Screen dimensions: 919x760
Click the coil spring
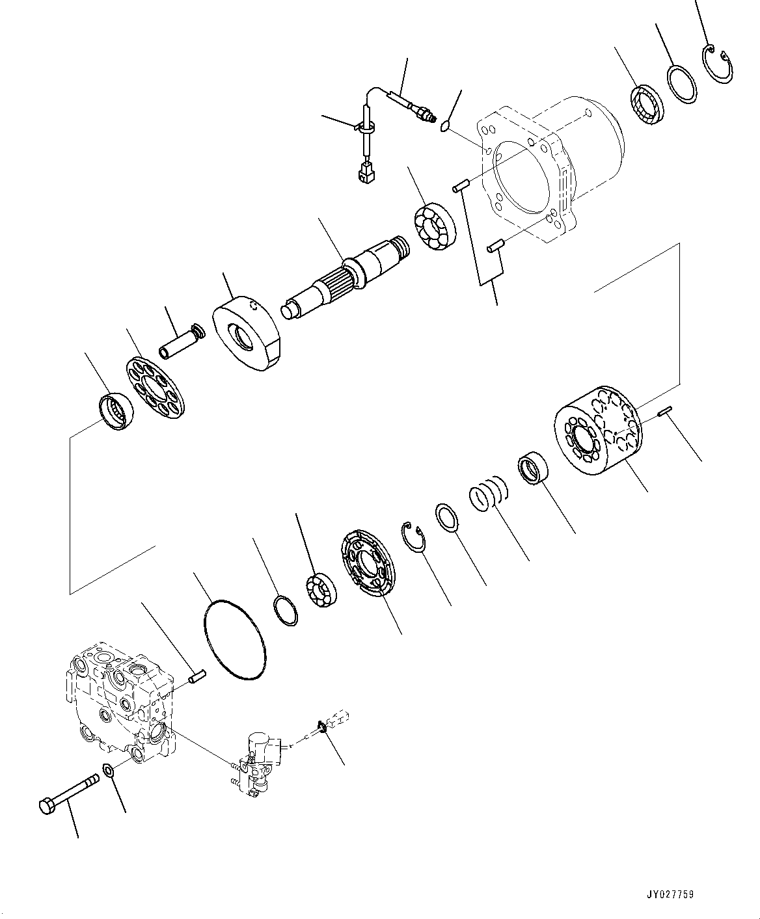tap(488, 494)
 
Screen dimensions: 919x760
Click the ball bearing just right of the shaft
tap(435, 228)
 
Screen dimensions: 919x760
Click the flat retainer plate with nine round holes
tap(156, 390)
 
